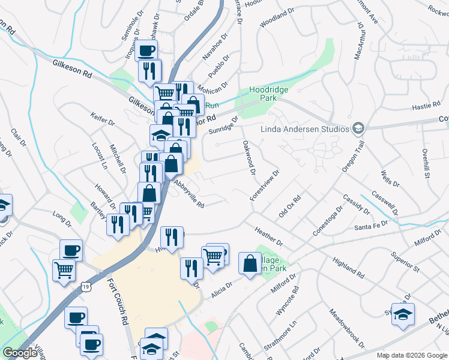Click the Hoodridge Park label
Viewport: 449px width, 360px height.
[x=269, y=93]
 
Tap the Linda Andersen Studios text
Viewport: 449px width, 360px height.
[x=304, y=129]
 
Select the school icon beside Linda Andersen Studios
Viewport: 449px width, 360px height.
[x=358, y=128]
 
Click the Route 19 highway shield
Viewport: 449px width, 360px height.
[x=87, y=288]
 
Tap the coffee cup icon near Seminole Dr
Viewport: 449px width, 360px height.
[x=146, y=51]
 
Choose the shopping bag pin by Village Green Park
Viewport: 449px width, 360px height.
[x=250, y=263]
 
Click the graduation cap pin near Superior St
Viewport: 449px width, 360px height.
[x=403, y=314]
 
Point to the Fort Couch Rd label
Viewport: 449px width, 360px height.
[x=118, y=301]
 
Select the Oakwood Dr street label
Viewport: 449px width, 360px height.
[x=249, y=155]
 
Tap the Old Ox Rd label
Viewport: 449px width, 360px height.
[x=289, y=206]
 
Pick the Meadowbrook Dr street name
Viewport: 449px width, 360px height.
[x=346, y=328]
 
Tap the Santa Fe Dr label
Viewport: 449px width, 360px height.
[x=370, y=227]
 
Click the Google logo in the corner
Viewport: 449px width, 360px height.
[x=20, y=353]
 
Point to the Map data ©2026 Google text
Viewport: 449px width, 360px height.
[x=411, y=355]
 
